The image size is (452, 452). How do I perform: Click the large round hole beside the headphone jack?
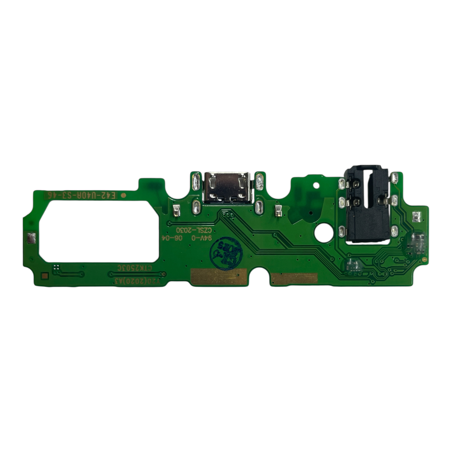324,232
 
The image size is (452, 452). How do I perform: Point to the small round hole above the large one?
316,185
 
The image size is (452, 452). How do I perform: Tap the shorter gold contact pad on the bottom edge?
294,278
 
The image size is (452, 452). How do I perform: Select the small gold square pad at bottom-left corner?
44,276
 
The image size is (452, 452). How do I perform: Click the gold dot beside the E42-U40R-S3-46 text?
123,195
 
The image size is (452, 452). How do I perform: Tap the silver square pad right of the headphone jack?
416,216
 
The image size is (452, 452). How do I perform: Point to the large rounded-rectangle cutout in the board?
98,229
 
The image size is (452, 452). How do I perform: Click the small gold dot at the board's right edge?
425,260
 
